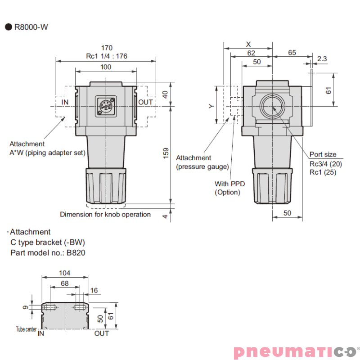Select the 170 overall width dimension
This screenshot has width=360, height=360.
pos(106,48)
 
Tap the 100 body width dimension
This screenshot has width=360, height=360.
pos(105,67)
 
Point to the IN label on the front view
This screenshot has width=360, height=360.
pos(65,102)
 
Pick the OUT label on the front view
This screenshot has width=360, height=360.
pos(145,102)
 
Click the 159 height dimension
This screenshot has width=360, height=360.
pos(166,153)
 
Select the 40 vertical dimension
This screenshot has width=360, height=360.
pos(166,94)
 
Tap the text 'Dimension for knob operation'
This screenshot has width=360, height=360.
pos(105,215)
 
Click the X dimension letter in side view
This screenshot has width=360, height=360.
pos(248,44)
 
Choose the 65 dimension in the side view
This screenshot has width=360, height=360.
pos(292,53)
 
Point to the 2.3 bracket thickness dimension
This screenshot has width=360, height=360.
pos(322,58)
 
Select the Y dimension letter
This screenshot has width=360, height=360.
pos(210,106)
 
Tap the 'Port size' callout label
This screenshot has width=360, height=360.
pos(323,154)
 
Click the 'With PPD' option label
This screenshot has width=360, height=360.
pos(229,184)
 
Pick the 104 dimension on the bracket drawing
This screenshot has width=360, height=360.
pos(65,273)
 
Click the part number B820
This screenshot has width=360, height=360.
pos(76,252)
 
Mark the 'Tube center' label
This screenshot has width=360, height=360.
pos(26,329)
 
